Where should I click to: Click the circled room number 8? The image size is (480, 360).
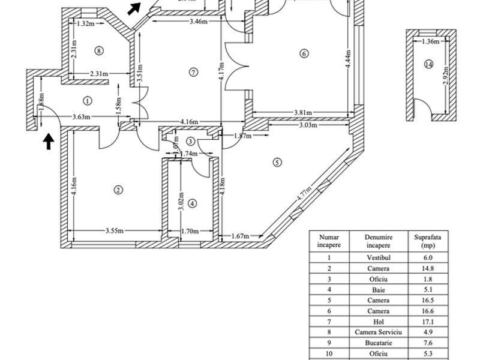99,51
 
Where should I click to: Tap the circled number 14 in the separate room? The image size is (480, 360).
428,65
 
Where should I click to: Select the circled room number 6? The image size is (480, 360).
304,54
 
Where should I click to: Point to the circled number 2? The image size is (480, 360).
118,190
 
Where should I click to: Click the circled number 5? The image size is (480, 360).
277,161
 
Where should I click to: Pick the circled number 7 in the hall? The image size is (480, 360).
193,72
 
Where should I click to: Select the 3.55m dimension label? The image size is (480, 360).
114,230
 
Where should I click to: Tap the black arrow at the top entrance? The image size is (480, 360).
134,8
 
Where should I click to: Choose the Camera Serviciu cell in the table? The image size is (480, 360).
378,332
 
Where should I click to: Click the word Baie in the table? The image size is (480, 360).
378,289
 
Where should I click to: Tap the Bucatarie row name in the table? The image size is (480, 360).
378,343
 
